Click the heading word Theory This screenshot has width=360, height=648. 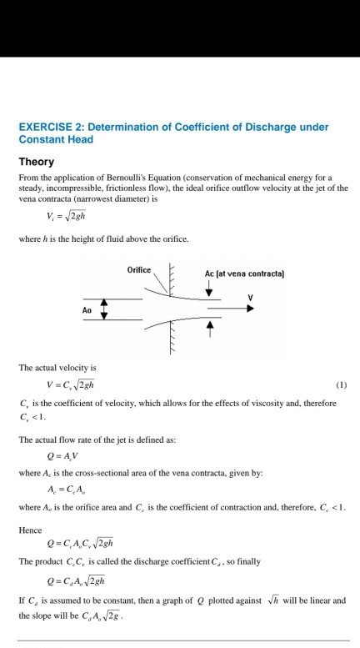tap(37, 162)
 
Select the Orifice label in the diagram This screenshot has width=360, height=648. tap(139, 270)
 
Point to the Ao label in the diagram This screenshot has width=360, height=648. tap(87, 309)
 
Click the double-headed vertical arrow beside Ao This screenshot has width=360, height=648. tap(104, 309)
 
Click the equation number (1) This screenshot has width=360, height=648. tap(340, 385)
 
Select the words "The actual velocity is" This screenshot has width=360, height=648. tap(56, 368)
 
